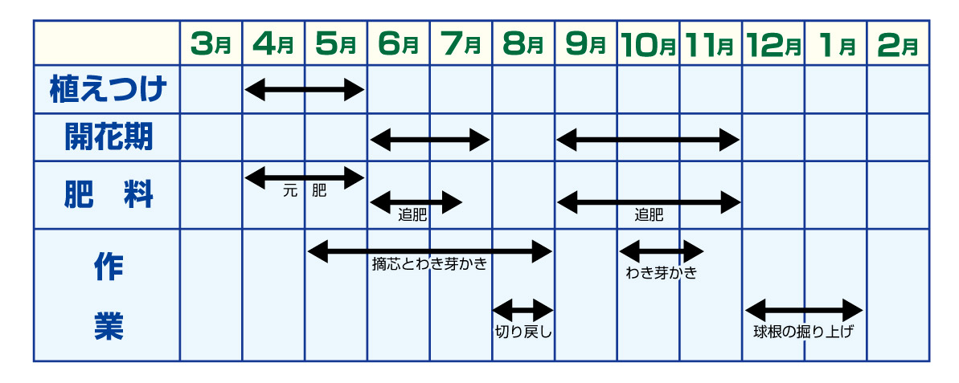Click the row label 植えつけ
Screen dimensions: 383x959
(x=107, y=90)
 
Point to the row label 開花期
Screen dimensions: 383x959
(x=107, y=139)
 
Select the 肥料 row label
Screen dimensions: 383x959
(x=107, y=195)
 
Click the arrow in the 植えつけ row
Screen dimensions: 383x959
(x=305, y=90)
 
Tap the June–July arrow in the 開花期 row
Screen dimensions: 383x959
(x=430, y=140)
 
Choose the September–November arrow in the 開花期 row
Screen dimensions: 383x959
(x=648, y=140)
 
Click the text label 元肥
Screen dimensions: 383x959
(x=305, y=192)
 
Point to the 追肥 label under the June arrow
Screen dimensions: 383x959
(x=412, y=215)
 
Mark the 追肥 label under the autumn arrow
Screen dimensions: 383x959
(x=649, y=215)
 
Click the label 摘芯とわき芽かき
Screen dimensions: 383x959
(x=430, y=264)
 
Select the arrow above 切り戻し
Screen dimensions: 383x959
(x=523, y=308)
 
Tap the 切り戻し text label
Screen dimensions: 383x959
(x=523, y=329)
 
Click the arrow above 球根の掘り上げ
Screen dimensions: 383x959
(x=804, y=308)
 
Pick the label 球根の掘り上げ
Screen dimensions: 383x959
(x=804, y=330)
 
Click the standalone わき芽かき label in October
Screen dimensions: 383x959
(x=661, y=272)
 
